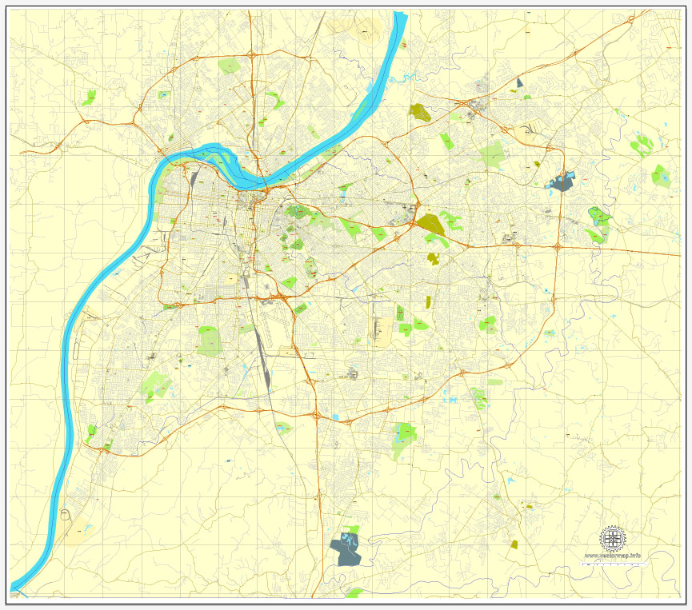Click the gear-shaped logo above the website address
coord(613,538)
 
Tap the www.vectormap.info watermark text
coord(613,555)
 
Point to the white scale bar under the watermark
coord(614,564)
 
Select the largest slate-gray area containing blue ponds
coord(346,550)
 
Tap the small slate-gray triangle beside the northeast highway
coord(520,82)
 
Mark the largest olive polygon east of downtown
coord(429,223)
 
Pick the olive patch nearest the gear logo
coord(514,544)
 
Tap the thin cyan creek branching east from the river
coord(408,78)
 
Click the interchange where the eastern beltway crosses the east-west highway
coord(558,246)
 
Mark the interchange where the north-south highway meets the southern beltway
coord(318,415)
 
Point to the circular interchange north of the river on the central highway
coord(252,55)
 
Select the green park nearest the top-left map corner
coord(89,98)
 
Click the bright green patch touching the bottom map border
coord(354,592)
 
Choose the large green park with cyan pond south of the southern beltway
coord(404,436)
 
